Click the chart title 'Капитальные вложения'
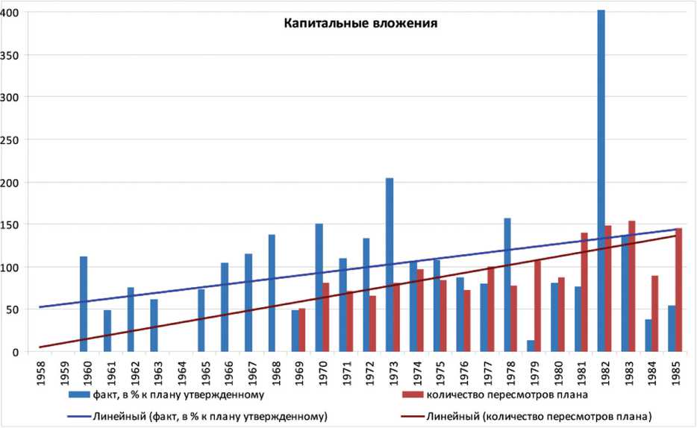coord(360,23)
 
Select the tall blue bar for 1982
coord(601,179)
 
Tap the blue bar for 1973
coord(390,265)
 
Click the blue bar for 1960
coord(84,303)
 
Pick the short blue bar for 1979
coord(531,346)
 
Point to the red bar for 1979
coord(538,306)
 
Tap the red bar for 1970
coord(326,317)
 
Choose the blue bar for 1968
coord(272,293)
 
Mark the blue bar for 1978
coord(507,285)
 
